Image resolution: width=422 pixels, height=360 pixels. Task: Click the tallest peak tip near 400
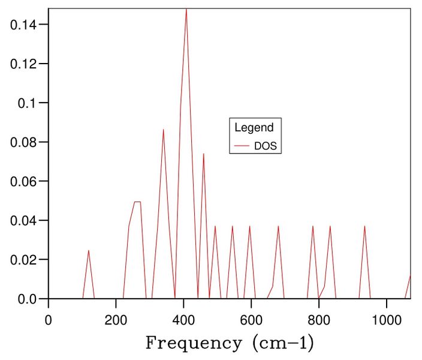tap(186, 10)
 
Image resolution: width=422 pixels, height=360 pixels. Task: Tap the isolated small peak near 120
tap(88, 251)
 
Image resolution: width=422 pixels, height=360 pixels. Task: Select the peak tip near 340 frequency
tap(163, 130)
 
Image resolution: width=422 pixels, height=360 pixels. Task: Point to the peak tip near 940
tap(364, 226)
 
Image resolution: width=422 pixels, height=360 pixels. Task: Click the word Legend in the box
tap(254, 127)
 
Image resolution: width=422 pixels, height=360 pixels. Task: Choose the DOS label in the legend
tap(266, 145)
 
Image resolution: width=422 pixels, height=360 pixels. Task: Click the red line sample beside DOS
tap(242, 146)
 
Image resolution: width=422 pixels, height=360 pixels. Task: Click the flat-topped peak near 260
tap(137, 202)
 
